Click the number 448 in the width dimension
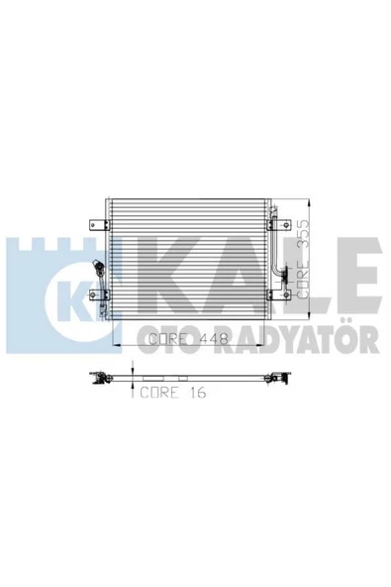pyautogui.click(x=214, y=339)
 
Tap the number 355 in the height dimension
pyautogui.click(x=303, y=234)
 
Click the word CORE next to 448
pyautogui.click(x=167, y=339)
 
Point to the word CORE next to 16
pyautogui.click(x=159, y=392)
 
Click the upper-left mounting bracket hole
pyautogui.click(x=93, y=225)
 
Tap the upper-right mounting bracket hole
pyautogui.click(x=286, y=225)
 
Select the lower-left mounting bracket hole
pyautogui.click(x=93, y=295)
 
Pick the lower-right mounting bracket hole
pyautogui.click(x=286, y=295)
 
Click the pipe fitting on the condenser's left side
pyautogui.click(x=99, y=268)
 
